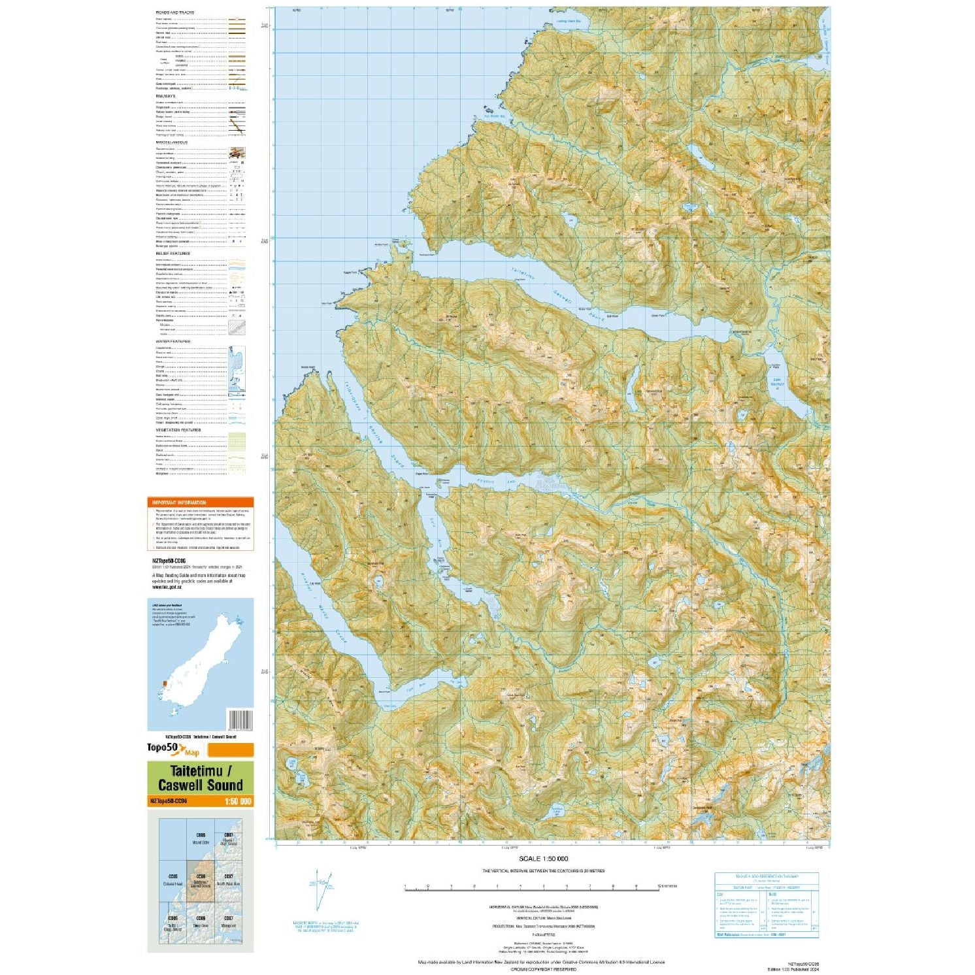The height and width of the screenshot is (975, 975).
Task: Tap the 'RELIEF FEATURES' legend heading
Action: [173, 254]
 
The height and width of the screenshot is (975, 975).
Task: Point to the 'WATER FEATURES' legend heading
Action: [173, 341]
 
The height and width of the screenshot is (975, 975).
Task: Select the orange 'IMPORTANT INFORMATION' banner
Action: [200, 503]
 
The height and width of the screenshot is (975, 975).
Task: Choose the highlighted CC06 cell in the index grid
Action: [201, 880]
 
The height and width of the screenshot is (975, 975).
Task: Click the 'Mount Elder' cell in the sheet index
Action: [201, 840]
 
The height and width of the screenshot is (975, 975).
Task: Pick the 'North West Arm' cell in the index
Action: [229, 880]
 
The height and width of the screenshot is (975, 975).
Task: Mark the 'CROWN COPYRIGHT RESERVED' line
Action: [542, 969]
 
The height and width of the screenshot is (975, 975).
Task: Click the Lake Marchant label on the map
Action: [777, 382]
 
